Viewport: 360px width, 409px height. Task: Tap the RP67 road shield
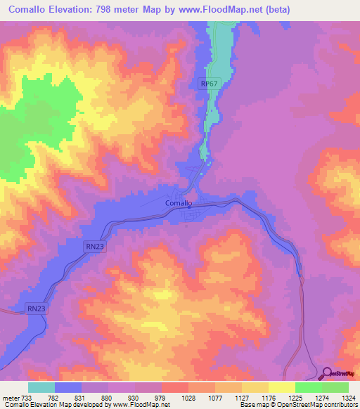[208, 83]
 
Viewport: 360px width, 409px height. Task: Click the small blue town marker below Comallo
[189, 208]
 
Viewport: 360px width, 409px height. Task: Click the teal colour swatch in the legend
[41, 387]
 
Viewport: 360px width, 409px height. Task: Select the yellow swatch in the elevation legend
[281, 387]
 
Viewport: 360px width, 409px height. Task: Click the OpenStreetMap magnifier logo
[326, 373]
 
